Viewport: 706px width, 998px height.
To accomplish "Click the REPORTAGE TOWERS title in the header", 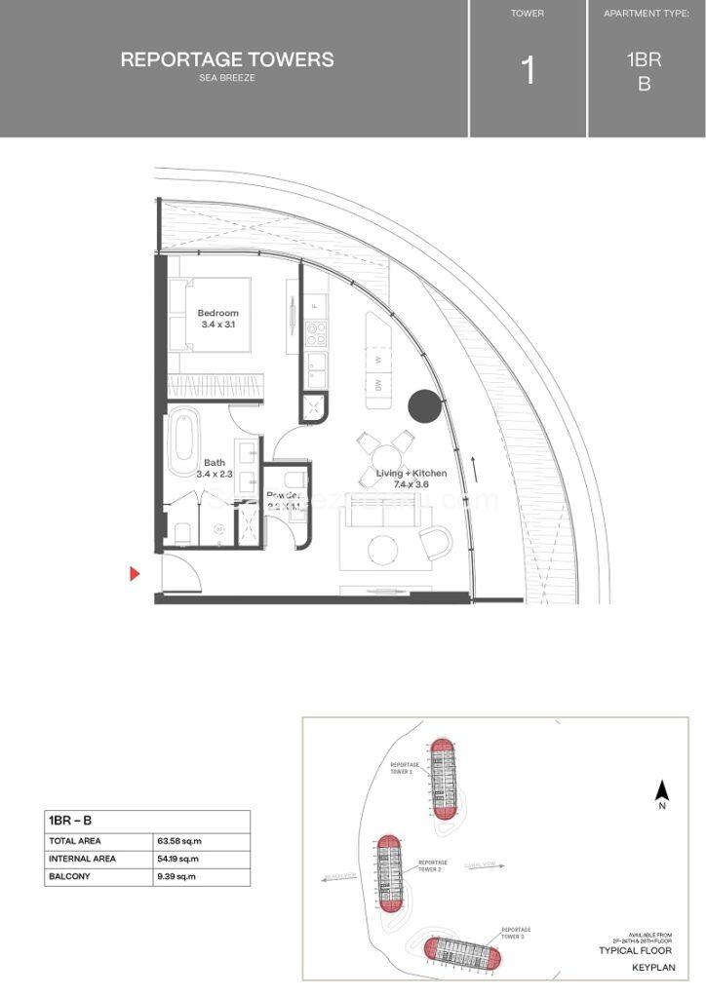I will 226,59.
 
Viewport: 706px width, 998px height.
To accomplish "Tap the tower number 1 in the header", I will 528,71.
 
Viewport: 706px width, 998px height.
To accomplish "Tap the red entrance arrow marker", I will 137,573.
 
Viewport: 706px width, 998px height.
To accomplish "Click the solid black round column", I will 423,405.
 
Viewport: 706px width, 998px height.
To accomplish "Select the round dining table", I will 385,453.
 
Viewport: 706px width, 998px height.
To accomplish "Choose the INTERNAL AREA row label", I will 82,859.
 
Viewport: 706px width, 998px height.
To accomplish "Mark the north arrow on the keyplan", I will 660,793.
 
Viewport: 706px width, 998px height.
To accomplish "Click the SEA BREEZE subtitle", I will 226,78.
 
